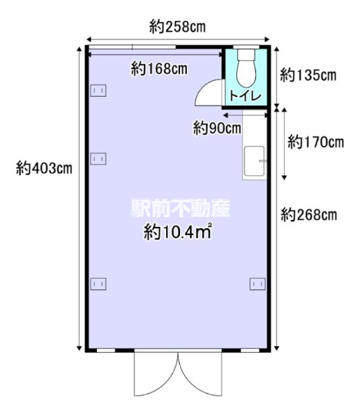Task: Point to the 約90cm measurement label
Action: coord(217,127)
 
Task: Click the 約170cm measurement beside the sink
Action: coord(316,143)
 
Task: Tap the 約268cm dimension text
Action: coord(309,215)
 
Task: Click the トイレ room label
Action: coord(246,98)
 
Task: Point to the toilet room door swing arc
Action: coord(208,91)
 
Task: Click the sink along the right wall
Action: coord(254,163)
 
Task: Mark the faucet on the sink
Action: coord(262,160)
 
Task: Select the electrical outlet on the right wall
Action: coord(257,283)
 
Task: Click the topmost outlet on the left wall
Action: coord(98,90)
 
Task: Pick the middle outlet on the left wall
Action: coord(98,158)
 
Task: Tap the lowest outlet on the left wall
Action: coord(98,283)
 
